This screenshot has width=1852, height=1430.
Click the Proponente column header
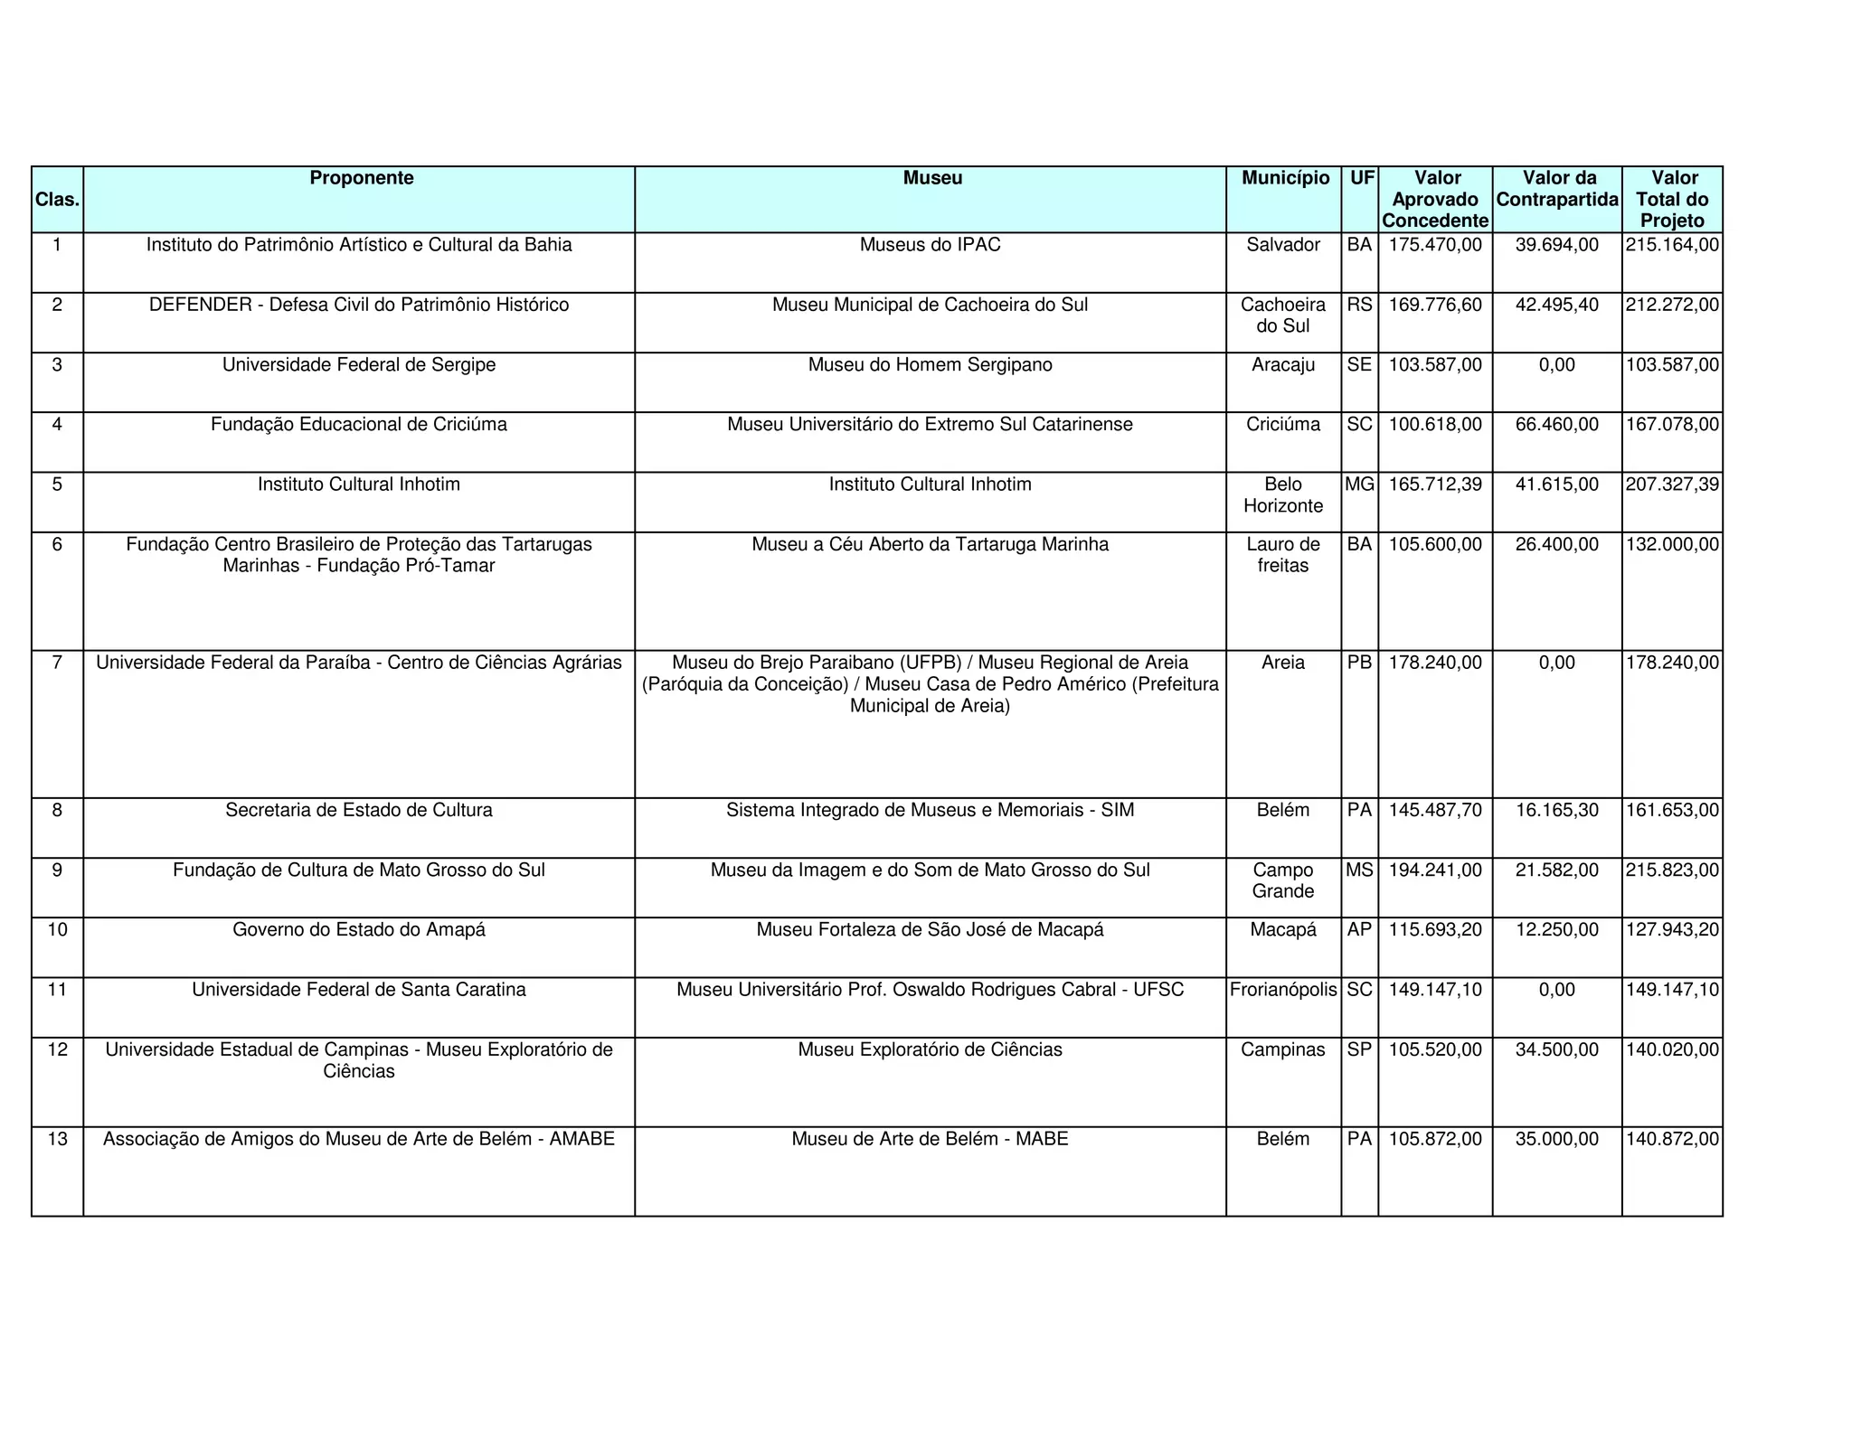[x=361, y=178]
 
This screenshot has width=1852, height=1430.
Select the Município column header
[x=1284, y=178]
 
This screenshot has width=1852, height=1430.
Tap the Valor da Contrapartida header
[x=1556, y=189]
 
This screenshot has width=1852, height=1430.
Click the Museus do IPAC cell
[x=930, y=245]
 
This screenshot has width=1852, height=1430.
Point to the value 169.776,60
[x=1435, y=305]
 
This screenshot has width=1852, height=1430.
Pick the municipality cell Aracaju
[x=1282, y=365]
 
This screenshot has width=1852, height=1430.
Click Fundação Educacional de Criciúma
[x=358, y=425]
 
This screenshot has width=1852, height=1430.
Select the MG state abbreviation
[x=1359, y=485]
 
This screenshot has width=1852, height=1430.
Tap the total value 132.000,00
[x=1672, y=544]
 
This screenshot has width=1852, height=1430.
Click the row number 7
[x=57, y=663]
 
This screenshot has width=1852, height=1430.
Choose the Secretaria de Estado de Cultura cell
[x=358, y=810]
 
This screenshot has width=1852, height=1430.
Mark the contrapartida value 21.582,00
[x=1556, y=870]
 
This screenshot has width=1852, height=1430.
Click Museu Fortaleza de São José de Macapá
[x=930, y=930]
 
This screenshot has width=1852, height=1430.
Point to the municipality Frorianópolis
[x=1282, y=990]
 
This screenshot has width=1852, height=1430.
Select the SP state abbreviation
[x=1359, y=1049]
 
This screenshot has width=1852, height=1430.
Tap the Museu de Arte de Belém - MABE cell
[x=930, y=1139]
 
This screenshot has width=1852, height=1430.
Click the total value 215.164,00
[x=1672, y=245]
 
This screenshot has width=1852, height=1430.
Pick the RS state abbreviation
[x=1359, y=305]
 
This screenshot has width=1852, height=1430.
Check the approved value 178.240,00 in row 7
[x=1435, y=663]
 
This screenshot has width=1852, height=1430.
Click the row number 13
[x=57, y=1139]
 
